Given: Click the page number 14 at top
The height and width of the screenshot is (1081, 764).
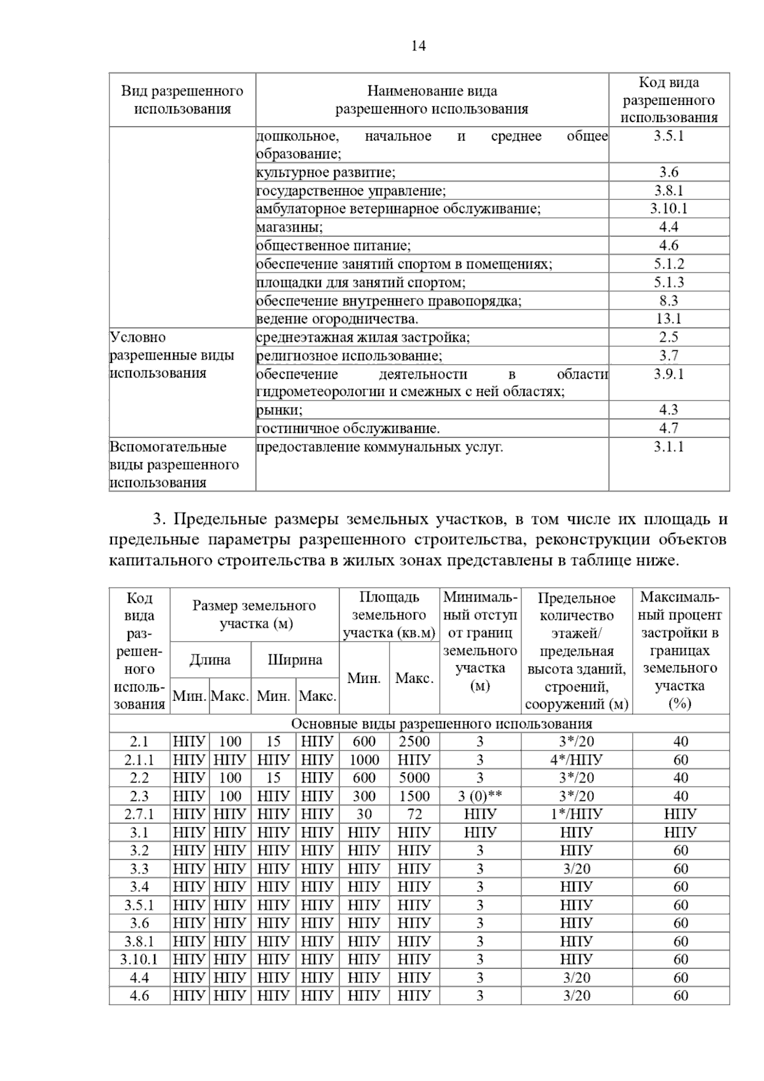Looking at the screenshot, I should click(418, 46).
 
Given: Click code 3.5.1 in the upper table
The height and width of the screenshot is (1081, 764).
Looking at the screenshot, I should click(668, 136).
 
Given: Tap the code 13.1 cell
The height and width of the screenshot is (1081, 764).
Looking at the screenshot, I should click(668, 319).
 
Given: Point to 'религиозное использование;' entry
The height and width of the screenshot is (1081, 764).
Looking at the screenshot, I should click(350, 356).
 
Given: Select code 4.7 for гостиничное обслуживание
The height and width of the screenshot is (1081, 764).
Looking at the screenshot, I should click(668, 428).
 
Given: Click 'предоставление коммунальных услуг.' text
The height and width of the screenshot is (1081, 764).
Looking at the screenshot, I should click(379, 447).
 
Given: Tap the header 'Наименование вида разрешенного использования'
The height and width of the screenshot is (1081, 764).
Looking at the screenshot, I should click(432, 100).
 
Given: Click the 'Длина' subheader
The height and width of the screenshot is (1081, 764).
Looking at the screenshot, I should click(210, 660).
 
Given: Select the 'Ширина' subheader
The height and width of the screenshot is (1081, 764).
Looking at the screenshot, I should click(295, 660).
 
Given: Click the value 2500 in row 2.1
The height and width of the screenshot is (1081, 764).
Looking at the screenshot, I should click(414, 742).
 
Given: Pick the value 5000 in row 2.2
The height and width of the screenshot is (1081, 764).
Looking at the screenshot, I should click(414, 778).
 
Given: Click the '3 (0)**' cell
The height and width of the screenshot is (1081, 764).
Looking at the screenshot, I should click(479, 796).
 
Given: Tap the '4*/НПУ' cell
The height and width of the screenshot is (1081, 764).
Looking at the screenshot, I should click(576, 760).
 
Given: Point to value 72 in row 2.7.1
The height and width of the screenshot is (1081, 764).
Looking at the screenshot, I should click(414, 814).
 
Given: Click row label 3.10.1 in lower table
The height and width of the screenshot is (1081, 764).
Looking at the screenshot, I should click(139, 959).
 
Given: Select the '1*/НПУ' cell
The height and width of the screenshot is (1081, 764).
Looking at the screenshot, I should click(576, 814).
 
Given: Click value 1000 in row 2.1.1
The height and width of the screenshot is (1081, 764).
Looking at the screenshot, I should click(364, 760).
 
